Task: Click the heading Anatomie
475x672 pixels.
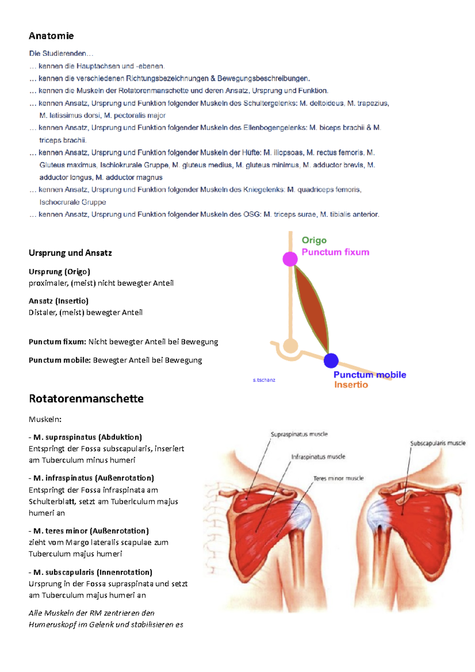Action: click(51, 36)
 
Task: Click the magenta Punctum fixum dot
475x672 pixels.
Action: click(290, 259)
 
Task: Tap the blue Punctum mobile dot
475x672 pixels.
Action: click(331, 361)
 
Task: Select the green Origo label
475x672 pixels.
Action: click(314, 240)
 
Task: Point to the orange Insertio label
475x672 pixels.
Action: click(351, 385)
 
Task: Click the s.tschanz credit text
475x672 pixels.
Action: click(264, 380)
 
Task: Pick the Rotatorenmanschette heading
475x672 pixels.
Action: click(86, 399)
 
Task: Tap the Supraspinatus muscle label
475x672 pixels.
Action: click(299, 434)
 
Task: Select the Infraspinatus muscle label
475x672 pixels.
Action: click(318, 457)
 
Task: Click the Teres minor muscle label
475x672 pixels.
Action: click(338, 478)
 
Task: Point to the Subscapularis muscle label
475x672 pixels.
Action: click(438, 443)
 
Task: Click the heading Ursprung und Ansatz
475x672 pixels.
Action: click(70, 253)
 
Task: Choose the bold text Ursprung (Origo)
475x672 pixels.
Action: click(59, 271)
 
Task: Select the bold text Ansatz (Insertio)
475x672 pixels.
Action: click(59, 301)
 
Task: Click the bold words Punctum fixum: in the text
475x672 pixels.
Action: click(57, 342)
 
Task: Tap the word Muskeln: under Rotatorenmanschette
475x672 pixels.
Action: click(45, 419)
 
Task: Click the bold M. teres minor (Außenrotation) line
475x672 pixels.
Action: click(91, 531)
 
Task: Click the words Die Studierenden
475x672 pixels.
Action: click(58, 53)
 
